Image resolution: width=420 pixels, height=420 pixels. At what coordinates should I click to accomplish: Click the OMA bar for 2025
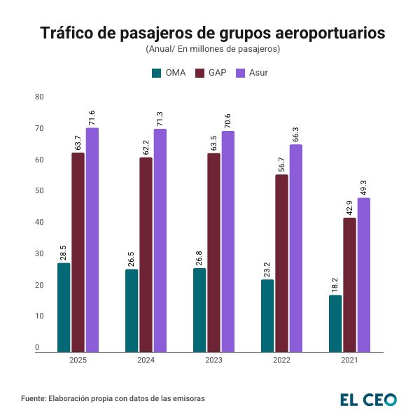point(64,307)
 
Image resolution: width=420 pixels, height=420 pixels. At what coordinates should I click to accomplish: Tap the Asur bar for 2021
point(363,274)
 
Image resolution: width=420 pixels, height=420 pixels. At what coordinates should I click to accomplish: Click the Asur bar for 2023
point(227,241)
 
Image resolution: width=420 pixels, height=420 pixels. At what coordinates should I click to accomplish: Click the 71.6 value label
point(92,118)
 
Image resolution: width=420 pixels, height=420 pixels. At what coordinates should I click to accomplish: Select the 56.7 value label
point(281,164)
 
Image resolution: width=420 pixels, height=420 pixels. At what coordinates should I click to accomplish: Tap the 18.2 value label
point(336,285)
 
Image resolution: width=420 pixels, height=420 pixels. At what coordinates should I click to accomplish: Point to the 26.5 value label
point(132,259)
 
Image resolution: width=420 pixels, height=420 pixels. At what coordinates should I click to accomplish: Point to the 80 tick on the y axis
point(39,97)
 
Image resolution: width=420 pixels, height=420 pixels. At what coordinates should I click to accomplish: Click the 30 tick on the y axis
point(39,254)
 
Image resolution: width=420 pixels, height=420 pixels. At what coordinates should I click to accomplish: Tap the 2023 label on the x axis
point(214,360)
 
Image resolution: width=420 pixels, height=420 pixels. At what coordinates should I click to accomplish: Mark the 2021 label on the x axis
point(349,360)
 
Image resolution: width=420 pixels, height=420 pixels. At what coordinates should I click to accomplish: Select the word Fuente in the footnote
point(33,398)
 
